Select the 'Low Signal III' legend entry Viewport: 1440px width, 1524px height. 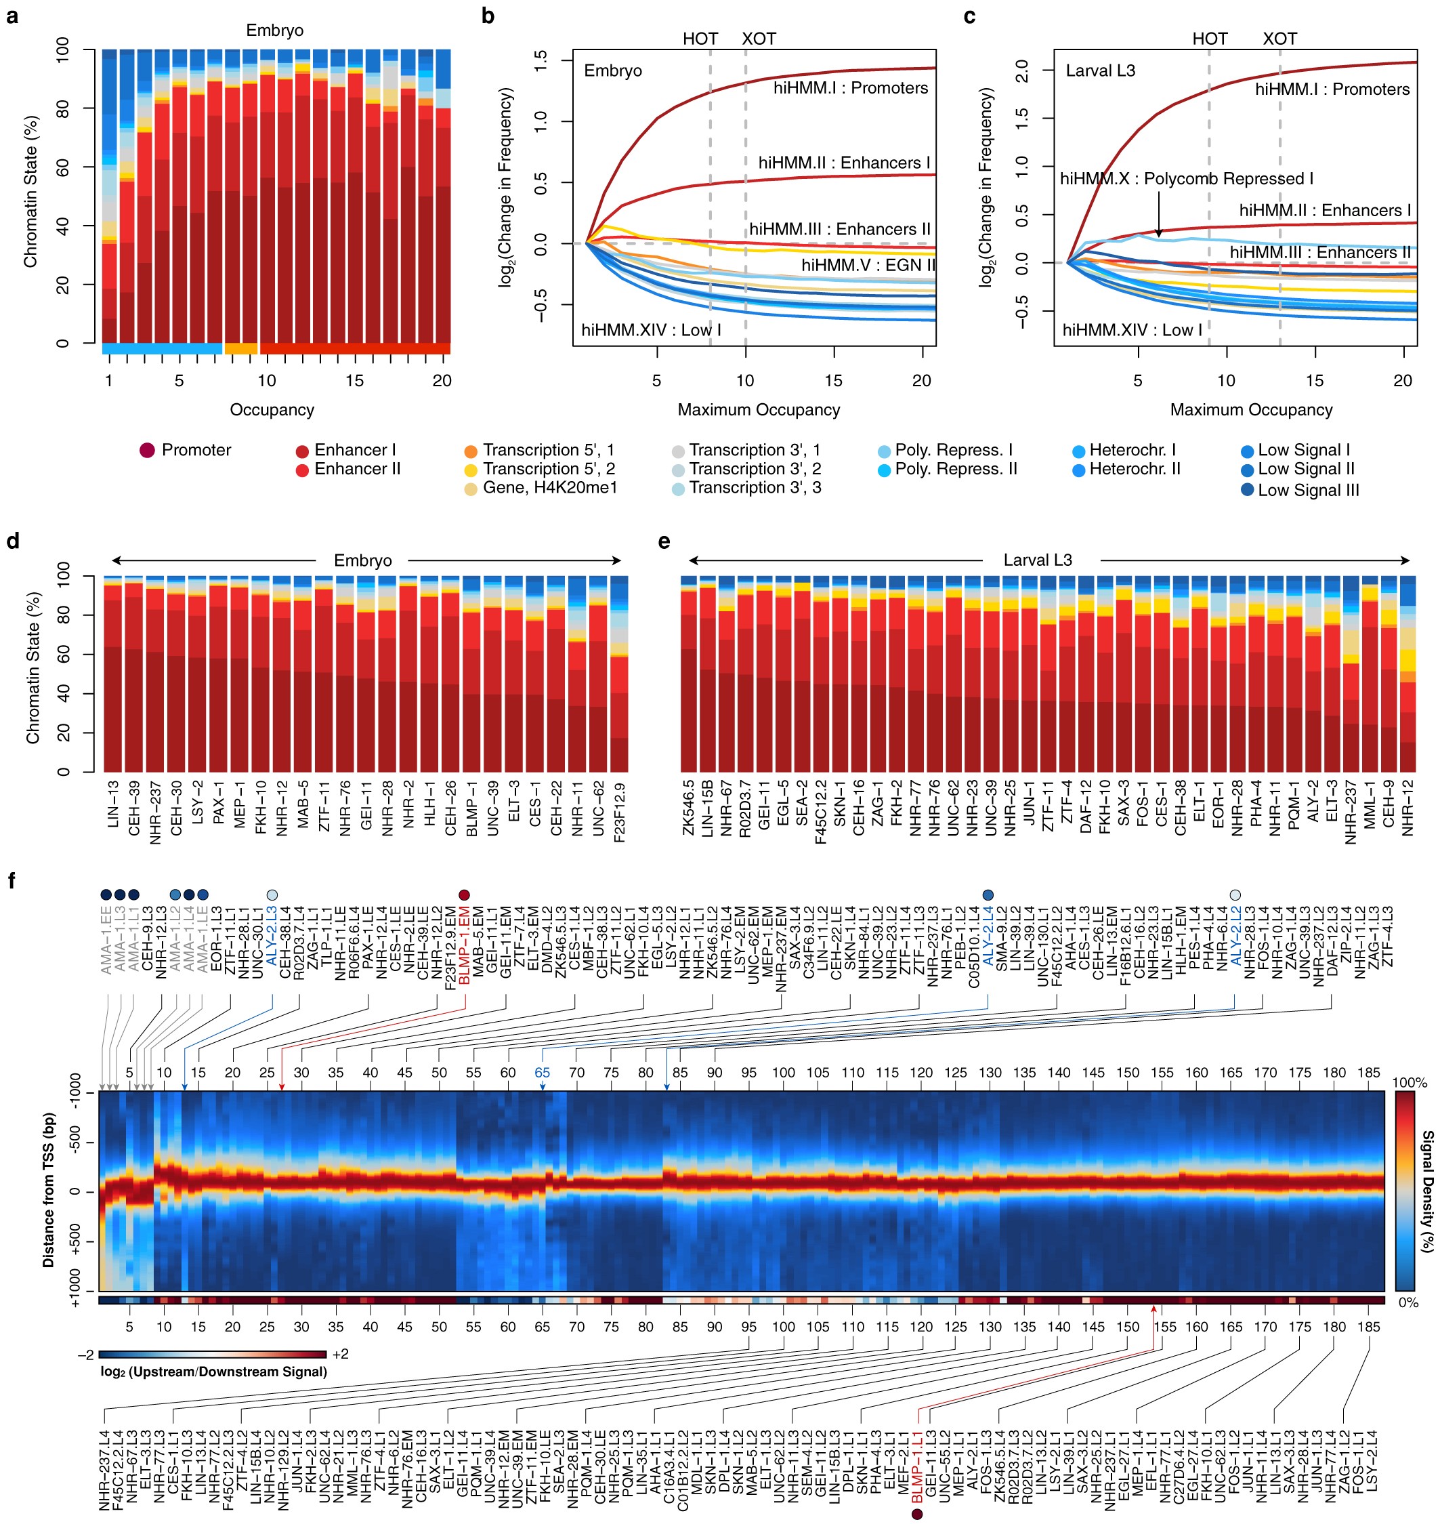tap(1307, 490)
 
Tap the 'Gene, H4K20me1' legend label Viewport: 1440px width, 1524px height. tap(549, 487)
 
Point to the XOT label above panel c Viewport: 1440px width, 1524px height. tap(1279, 39)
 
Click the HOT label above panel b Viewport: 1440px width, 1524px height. tap(700, 39)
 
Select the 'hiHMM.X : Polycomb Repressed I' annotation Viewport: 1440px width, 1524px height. tap(1186, 179)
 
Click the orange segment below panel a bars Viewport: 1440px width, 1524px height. tap(240, 348)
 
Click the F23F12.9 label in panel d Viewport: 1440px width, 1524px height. tap(620, 812)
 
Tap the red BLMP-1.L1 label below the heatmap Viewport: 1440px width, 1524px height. tap(916, 1467)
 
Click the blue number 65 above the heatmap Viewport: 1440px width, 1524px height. tap(542, 1073)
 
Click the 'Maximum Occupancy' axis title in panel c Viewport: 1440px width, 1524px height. tap(1250, 410)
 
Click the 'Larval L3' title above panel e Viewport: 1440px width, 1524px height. tap(1037, 560)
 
